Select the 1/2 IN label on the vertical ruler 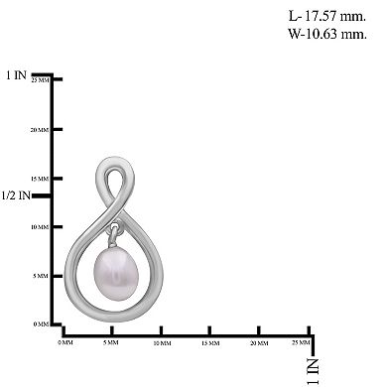click(x=18, y=195)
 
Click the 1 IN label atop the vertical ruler click(x=16, y=75)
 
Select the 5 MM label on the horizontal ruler click(x=112, y=343)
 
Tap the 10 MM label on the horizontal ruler click(x=161, y=343)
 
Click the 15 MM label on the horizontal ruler click(x=209, y=343)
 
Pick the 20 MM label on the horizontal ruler click(x=258, y=343)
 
